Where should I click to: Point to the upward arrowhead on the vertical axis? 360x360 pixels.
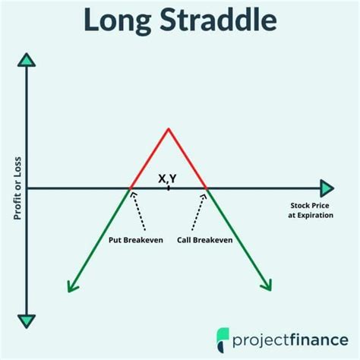coord(27,60)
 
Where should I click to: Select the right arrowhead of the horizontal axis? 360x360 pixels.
coord(327,188)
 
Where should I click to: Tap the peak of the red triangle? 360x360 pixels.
coord(169,128)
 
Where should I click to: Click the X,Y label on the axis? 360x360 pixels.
coord(168,178)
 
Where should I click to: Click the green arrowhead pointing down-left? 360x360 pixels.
coord(72,286)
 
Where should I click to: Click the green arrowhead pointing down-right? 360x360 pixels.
coord(266,285)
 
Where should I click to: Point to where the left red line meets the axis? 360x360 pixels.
coord(131,188)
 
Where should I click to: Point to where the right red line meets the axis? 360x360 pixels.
coord(206,188)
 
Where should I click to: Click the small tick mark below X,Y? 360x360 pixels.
coord(169,187)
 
